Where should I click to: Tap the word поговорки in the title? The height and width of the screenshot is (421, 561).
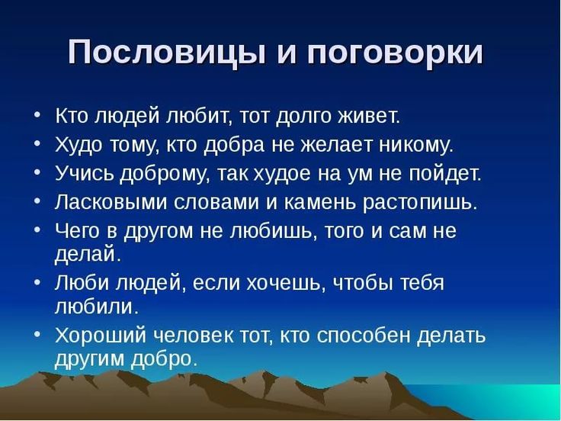(x=395, y=53)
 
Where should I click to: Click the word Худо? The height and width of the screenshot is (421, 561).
(x=79, y=145)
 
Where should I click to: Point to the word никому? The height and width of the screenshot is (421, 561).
(x=415, y=145)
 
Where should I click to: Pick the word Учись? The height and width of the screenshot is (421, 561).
(x=85, y=173)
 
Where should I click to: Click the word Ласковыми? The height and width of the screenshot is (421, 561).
(x=111, y=202)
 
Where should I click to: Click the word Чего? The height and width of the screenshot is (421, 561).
(x=78, y=230)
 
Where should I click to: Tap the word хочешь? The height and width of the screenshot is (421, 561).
(x=286, y=284)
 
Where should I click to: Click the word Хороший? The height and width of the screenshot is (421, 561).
(x=101, y=336)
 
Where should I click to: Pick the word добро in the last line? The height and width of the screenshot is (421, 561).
(x=164, y=358)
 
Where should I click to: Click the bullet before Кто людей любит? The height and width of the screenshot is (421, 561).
(x=37, y=116)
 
